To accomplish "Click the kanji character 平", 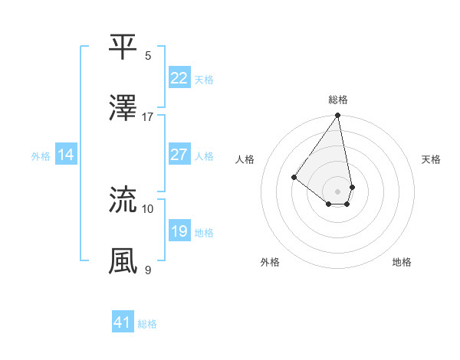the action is (123, 47).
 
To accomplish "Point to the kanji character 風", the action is (123, 260).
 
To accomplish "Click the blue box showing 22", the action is (179, 77).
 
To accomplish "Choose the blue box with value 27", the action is (179, 155).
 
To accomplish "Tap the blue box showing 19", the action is (179, 231).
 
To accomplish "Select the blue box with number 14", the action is (66, 155).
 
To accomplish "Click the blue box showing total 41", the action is (123, 322).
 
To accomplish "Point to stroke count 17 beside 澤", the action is (148, 117).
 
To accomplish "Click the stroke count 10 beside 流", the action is (148, 208).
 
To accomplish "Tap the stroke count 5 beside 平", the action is (148, 56).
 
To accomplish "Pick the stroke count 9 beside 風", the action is (148, 270).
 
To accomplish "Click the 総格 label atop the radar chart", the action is (338, 100).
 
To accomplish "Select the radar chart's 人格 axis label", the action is (245, 160).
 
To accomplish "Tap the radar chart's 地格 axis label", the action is (402, 262).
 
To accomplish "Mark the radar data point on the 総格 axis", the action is (338, 116).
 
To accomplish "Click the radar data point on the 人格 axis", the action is (294, 177).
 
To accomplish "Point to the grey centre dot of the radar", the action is (338, 191).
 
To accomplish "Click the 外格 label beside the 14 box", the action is (41, 155).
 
